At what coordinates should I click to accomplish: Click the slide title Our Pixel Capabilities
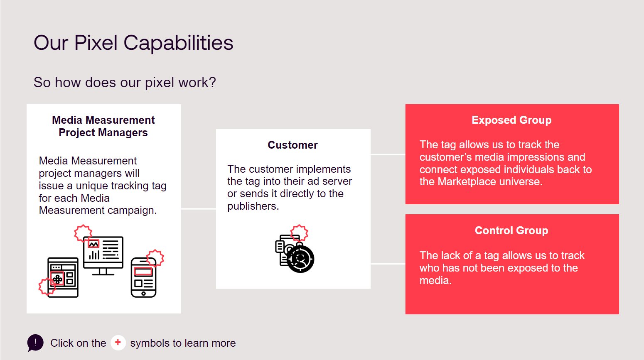coord(133,43)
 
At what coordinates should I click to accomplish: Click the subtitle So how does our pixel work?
coord(125,82)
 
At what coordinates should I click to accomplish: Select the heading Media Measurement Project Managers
coord(103,126)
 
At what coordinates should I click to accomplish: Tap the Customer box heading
coord(293,145)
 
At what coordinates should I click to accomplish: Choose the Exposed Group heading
coord(511,120)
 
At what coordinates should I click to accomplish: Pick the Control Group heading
coord(511,230)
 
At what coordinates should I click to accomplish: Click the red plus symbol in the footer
coord(118,343)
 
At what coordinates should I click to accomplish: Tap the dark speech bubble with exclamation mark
coord(35,343)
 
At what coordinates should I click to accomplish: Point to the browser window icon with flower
coord(63,277)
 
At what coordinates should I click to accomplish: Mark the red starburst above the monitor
coord(83,233)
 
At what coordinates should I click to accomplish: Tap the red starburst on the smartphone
coord(155,258)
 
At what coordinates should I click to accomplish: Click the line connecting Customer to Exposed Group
coord(388,154)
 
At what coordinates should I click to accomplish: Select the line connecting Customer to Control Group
coord(388,264)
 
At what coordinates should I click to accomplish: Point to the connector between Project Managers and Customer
coord(199,209)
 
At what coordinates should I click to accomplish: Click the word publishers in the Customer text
coord(252,206)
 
